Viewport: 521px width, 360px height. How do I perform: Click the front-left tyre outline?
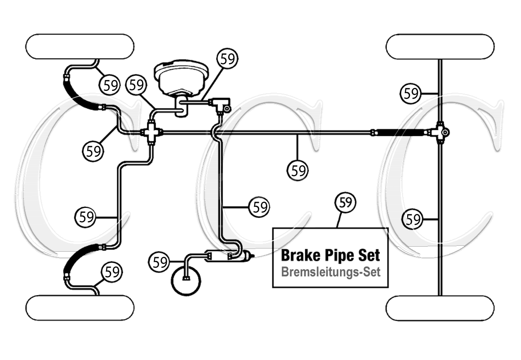(80, 46)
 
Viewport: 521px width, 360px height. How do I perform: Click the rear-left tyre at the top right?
(440, 46)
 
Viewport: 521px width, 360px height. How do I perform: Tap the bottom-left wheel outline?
(80, 307)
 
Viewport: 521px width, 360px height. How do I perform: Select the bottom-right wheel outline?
(440, 307)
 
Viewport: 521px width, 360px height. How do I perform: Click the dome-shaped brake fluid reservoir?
(181, 78)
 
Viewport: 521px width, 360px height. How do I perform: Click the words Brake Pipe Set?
(330, 255)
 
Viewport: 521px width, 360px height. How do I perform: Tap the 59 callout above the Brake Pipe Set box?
(346, 202)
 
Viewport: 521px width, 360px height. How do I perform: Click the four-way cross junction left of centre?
(151, 133)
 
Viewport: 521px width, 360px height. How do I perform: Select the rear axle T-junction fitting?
(440, 132)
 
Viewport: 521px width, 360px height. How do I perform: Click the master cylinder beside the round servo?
(227, 256)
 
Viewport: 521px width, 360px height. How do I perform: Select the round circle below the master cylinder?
(186, 281)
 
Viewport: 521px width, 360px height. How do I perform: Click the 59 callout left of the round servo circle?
(159, 262)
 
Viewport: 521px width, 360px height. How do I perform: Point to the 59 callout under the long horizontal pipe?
(298, 170)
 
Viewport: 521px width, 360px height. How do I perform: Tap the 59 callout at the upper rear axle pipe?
(411, 93)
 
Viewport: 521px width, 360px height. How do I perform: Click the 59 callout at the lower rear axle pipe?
(413, 219)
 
